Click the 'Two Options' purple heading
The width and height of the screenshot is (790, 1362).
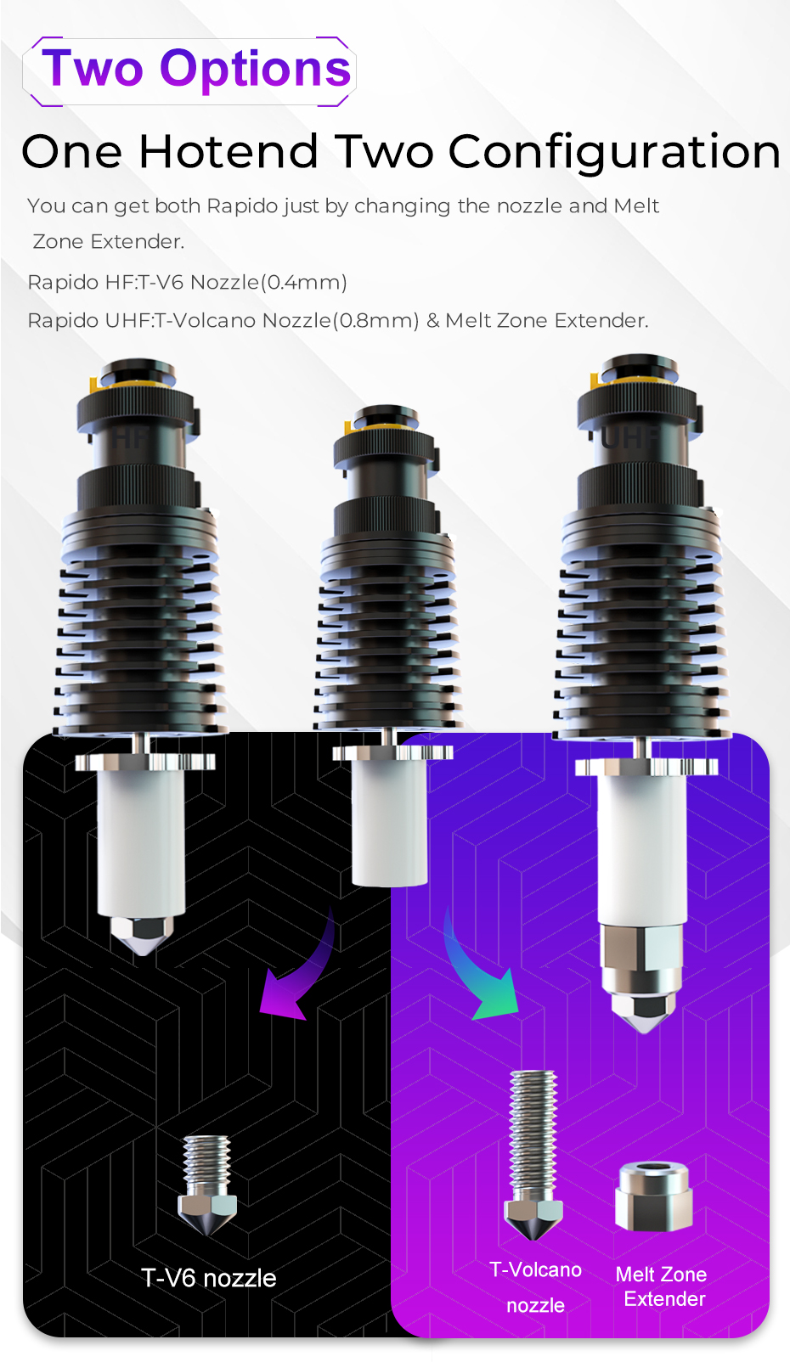click(x=196, y=69)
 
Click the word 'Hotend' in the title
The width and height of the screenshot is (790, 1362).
click(x=229, y=151)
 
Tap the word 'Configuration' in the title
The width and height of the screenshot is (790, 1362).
click(x=614, y=153)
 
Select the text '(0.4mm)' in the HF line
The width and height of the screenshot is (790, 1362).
click(x=303, y=282)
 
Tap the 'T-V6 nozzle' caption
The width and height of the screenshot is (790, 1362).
click(x=209, y=1277)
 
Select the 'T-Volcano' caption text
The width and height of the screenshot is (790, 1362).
click(x=535, y=1269)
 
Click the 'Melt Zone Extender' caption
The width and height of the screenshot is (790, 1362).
click(x=663, y=1286)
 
